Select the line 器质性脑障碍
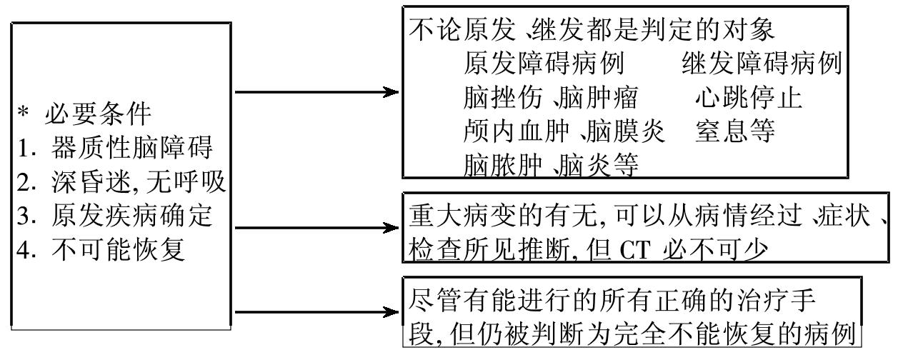(131, 148)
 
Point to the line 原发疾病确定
(131, 217)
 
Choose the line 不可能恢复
(118, 251)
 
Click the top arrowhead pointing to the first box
(389, 92)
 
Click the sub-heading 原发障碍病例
(543, 64)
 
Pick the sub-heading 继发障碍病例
(762, 64)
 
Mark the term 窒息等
(736, 131)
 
